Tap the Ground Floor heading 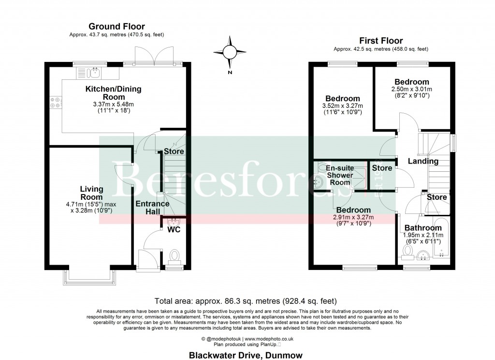[116, 27]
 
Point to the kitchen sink [95, 73]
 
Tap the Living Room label [91, 193]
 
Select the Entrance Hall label [152, 208]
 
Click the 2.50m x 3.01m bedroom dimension [412, 89]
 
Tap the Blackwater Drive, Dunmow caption [247, 355]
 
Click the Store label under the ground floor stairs [174, 151]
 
